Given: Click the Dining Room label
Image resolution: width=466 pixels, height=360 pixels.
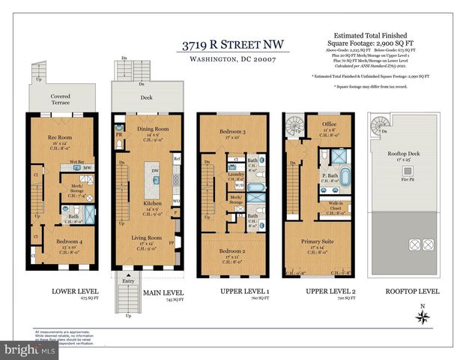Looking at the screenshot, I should pos(152,128).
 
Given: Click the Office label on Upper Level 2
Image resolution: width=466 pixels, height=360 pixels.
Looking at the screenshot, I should pos(329,124).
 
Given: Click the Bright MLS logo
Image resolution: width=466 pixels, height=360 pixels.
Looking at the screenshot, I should pos(30,349).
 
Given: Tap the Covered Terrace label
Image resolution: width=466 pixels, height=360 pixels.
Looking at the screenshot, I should pos(60,100).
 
